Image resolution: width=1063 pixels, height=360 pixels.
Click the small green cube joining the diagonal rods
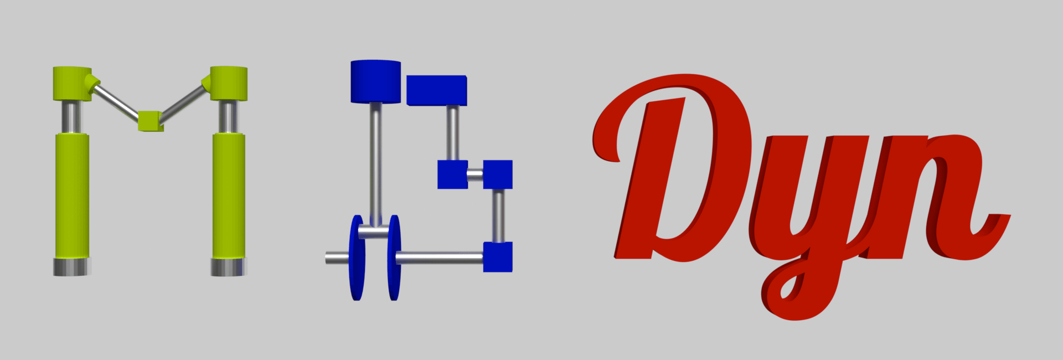(x=150, y=121)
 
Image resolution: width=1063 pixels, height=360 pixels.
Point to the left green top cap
(x=73, y=84)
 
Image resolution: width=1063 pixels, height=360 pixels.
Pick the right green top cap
(x=228, y=84)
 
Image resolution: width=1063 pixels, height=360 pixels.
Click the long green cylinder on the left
(x=72, y=196)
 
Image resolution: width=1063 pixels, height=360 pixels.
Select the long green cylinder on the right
(x=229, y=196)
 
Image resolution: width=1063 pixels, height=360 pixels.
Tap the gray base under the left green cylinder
(x=72, y=267)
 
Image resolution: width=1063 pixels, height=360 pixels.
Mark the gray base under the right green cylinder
(x=229, y=267)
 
